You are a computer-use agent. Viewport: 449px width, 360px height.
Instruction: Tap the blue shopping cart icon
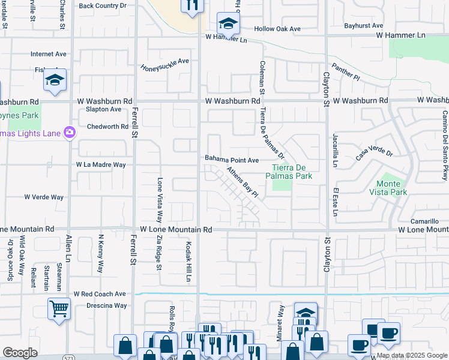(x=59, y=310)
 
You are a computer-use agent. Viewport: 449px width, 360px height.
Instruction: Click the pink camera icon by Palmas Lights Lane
(x=70, y=132)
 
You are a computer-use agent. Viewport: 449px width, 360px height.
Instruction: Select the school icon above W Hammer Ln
(x=228, y=24)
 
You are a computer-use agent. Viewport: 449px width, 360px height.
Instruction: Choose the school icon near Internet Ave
(x=55, y=81)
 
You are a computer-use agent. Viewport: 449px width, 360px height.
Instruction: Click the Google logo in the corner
(x=20, y=353)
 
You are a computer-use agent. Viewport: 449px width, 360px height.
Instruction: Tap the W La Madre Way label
(x=101, y=164)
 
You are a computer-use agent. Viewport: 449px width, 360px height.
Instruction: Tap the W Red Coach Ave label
(x=100, y=294)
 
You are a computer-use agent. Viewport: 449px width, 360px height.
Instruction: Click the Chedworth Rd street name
(x=107, y=127)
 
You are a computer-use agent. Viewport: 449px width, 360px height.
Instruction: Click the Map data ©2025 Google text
(x=412, y=355)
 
